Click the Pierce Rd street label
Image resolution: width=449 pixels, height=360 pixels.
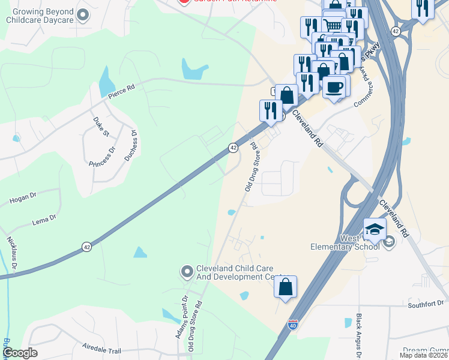tap(122, 91)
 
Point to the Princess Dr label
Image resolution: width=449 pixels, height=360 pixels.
tap(101, 156)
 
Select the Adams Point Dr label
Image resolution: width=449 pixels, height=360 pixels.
tap(182, 317)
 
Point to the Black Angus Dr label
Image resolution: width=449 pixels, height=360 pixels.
tap(359, 334)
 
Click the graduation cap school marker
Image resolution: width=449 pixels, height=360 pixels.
tap(374, 230)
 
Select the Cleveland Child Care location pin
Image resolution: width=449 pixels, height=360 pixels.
tap(187, 272)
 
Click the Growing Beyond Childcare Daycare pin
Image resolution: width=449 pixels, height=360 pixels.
tap(83, 15)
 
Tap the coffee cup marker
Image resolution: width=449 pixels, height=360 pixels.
tap(334, 86)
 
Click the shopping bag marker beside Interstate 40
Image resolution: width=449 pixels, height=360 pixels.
tap(285, 286)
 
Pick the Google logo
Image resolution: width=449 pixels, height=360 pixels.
tap(20, 353)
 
